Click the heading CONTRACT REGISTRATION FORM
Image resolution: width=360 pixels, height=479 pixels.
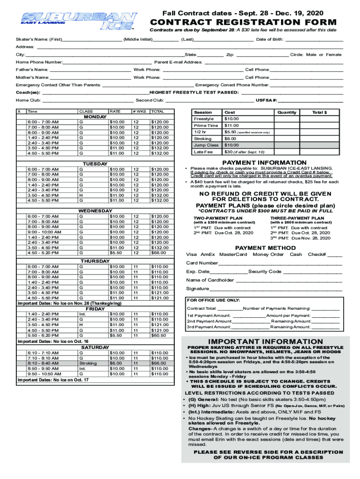pos(242,22)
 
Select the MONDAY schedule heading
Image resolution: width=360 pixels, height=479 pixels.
pos(95,116)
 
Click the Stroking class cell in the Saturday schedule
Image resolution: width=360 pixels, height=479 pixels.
pos(88,363)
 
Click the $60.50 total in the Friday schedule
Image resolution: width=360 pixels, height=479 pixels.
pos(159,335)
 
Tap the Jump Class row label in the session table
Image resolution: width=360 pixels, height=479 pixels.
pos(206,145)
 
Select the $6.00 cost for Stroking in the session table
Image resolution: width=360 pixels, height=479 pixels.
pos(230,138)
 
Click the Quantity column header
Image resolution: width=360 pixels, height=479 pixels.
pos(287,112)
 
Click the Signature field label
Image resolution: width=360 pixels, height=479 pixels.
pos(197,289)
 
